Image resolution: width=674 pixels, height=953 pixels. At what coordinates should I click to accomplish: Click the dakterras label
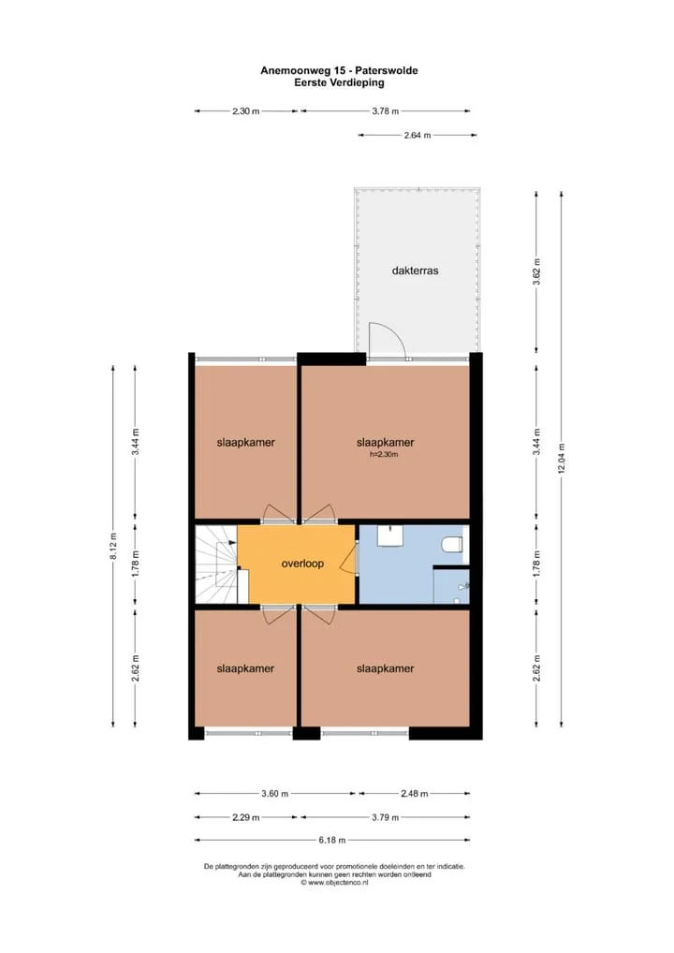pyautogui.click(x=415, y=271)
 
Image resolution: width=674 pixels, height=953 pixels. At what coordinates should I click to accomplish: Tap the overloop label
pyautogui.click(x=302, y=564)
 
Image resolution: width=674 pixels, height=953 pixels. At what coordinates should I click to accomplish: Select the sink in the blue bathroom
pyautogui.click(x=388, y=535)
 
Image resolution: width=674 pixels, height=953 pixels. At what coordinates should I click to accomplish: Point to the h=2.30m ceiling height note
pyautogui.click(x=384, y=454)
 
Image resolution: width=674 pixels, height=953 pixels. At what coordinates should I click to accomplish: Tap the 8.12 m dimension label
pyautogui.click(x=113, y=547)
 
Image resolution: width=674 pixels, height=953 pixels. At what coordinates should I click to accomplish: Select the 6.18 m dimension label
pyautogui.click(x=332, y=841)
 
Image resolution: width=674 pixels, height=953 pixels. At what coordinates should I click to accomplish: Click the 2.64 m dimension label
pyautogui.click(x=418, y=136)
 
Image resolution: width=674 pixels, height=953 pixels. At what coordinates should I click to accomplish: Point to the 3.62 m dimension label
pyautogui.click(x=536, y=271)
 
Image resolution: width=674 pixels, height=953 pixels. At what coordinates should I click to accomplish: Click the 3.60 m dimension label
pyautogui.click(x=274, y=794)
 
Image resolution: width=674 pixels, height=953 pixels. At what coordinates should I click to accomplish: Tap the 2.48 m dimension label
pyautogui.click(x=415, y=794)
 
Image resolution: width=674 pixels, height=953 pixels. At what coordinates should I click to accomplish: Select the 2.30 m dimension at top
pyautogui.click(x=245, y=111)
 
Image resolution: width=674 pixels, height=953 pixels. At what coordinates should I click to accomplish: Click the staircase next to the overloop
pyautogui.click(x=215, y=564)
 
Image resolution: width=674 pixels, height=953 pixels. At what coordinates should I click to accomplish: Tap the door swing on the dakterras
pyautogui.click(x=388, y=338)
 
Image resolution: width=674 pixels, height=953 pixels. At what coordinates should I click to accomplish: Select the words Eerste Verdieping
pyautogui.click(x=339, y=82)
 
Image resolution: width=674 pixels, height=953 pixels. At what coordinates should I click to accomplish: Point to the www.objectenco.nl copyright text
pyautogui.click(x=334, y=883)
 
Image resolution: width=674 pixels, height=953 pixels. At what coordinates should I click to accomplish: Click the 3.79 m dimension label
pyautogui.click(x=386, y=817)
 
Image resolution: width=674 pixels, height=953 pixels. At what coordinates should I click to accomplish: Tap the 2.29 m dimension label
pyautogui.click(x=245, y=817)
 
